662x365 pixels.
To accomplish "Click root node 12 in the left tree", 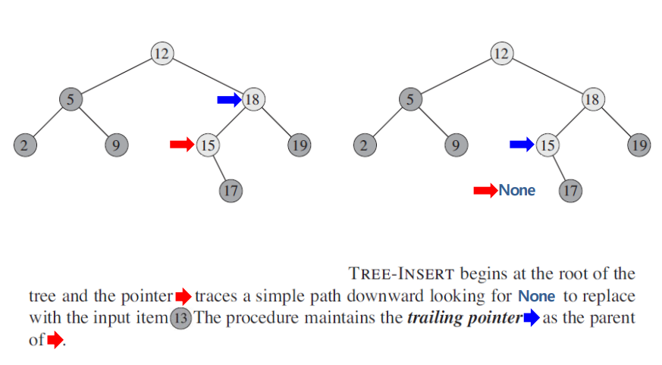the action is (161, 54).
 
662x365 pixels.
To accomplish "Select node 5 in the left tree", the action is (71, 98).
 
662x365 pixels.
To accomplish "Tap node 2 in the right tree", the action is (364, 145).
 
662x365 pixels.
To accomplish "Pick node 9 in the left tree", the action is (116, 145).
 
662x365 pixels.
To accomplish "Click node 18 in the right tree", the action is (593, 98).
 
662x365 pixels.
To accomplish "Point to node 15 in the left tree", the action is (207, 145).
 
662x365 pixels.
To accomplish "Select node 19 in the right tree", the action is (639, 145).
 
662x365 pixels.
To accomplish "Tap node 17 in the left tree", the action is (231, 190).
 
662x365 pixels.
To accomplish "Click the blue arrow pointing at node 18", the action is (228, 99).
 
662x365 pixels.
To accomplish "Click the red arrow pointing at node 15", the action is (182, 145).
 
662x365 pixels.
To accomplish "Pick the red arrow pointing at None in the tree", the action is (485, 190).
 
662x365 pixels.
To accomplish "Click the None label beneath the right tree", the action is (517, 190).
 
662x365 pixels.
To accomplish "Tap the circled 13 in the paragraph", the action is (180, 318).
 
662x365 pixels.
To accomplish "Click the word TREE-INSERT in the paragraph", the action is (401, 273).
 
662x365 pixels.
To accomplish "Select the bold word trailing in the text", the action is (433, 318).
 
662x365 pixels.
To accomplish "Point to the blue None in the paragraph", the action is (537, 296).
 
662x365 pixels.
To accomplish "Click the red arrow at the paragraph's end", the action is (55, 341).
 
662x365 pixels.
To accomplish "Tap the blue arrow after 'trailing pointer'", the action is (531, 318).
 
